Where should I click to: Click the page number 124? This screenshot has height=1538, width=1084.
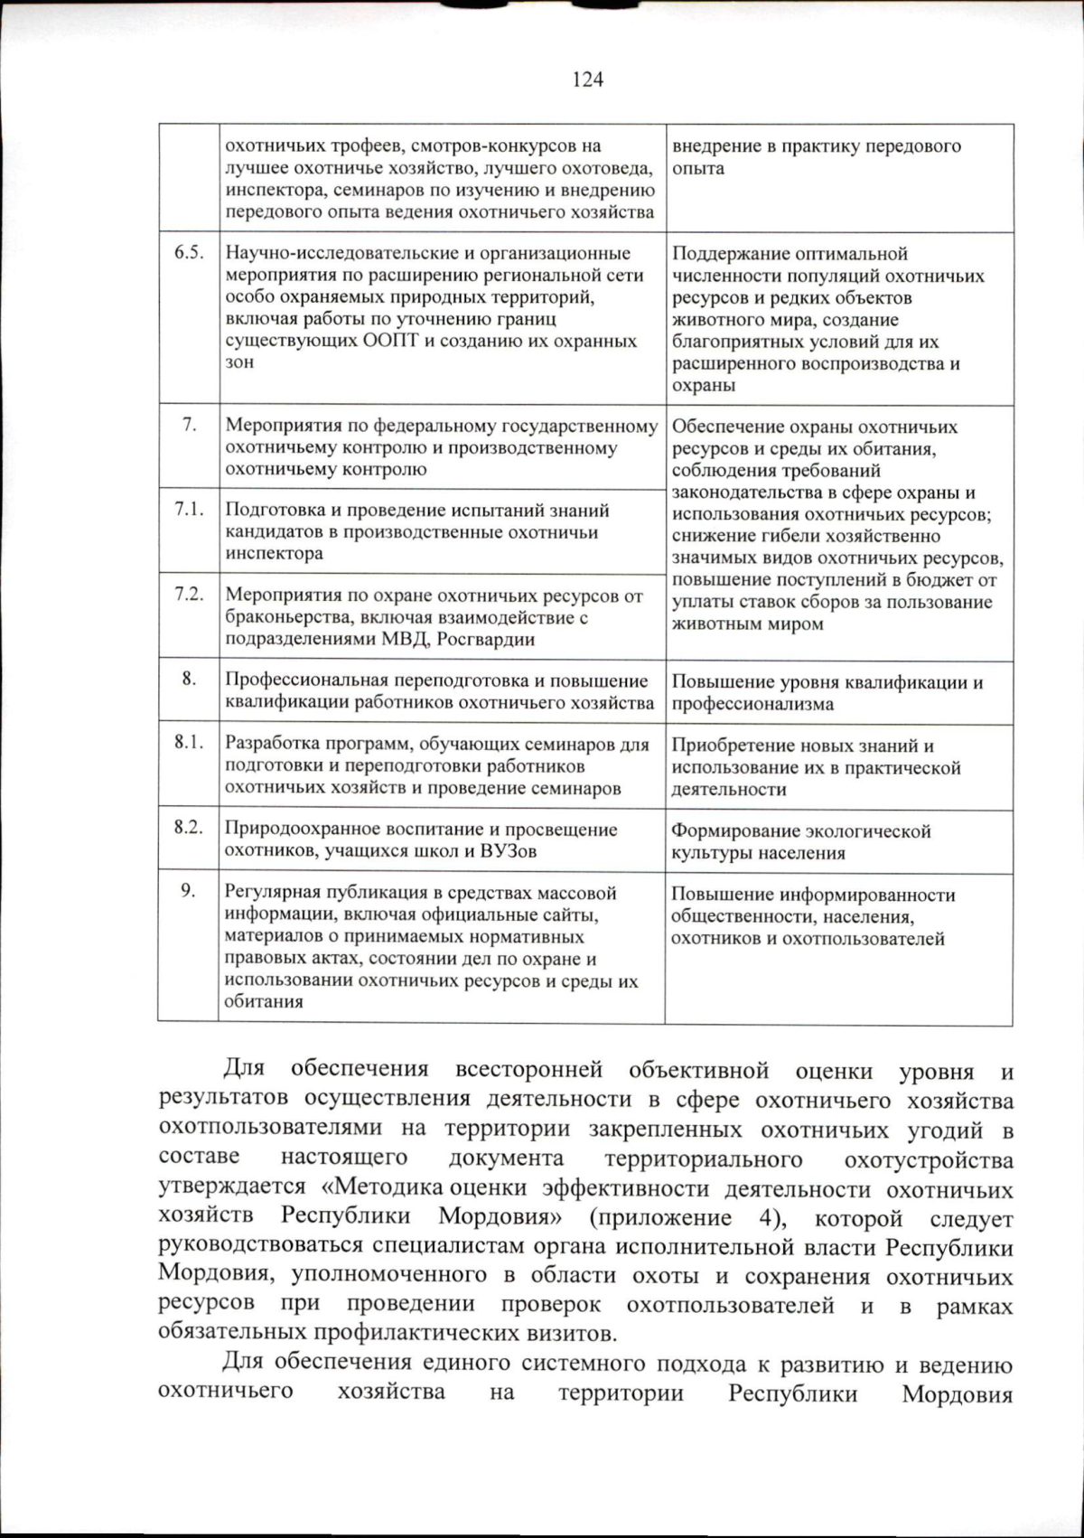pyautogui.click(x=588, y=80)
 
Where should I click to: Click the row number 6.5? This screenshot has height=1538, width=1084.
pyautogui.click(x=189, y=253)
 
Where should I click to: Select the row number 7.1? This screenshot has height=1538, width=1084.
pyautogui.click(x=189, y=510)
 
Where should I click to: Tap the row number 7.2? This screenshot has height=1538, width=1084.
pyautogui.click(x=189, y=595)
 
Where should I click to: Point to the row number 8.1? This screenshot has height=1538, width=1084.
pyautogui.click(x=189, y=743)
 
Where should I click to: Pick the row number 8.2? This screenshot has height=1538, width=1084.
pyautogui.click(x=189, y=828)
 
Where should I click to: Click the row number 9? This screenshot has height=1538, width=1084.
pyautogui.click(x=188, y=891)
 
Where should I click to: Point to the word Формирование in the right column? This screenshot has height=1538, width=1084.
pyautogui.click(x=733, y=831)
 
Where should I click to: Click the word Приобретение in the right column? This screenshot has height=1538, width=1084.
pyautogui.click(x=734, y=746)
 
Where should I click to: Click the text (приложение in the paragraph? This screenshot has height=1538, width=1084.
pyautogui.click(x=660, y=1218)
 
